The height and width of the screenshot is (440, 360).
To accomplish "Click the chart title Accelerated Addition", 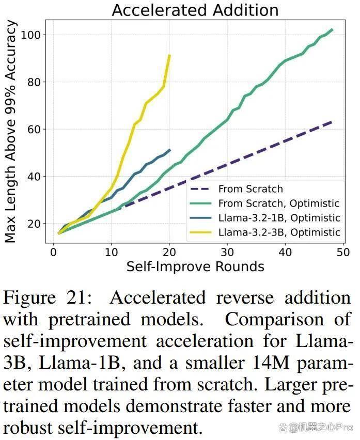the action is [x=195, y=10].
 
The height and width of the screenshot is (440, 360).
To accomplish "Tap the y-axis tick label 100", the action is [x=31, y=35].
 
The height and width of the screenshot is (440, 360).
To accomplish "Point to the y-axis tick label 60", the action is [x=34, y=129].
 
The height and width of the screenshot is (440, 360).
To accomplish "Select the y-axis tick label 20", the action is [x=34, y=224].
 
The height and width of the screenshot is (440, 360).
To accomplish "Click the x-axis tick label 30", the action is [x=227, y=252].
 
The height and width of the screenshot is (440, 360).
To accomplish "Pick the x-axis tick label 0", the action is [x=53, y=252].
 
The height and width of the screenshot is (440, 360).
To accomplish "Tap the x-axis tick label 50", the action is [x=343, y=252].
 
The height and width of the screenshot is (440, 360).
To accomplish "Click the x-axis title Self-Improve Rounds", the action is [x=195, y=266].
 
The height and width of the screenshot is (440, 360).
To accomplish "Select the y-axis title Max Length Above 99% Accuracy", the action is [x=10, y=131].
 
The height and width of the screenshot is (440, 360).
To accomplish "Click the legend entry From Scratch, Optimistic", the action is [x=279, y=203].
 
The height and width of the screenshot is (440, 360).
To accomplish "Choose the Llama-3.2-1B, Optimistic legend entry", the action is [x=279, y=218].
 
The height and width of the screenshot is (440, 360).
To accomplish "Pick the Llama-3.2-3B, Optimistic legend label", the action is [x=279, y=232].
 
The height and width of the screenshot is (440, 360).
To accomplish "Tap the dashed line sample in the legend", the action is [x=200, y=189].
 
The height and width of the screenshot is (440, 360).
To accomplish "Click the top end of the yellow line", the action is [x=169, y=55].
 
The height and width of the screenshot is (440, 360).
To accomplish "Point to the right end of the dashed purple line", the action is [x=332, y=122].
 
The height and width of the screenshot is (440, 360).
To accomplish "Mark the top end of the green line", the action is [x=332, y=30].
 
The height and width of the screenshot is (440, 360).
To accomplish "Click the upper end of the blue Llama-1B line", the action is [x=170, y=150].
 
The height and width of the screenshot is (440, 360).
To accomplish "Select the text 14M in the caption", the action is [x=271, y=363].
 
